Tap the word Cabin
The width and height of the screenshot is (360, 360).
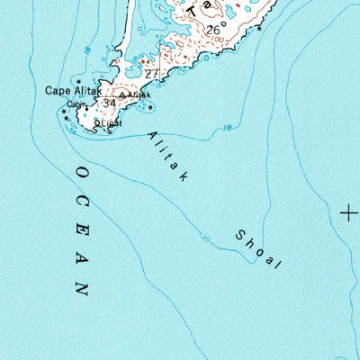[x=75, y=103]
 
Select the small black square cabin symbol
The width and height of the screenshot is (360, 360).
[x=87, y=108]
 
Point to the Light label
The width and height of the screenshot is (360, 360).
[x=110, y=121]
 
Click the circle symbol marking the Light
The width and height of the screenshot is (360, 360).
[x=96, y=122]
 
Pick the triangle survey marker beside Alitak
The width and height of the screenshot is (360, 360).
[x=122, y=94]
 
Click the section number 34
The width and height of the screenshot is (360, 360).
[x=109, y=103]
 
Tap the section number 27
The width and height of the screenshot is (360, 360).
[x=150, y=74]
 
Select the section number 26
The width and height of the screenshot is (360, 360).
[x=212, y=30]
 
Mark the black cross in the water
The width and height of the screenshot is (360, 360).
[x=348, y=213]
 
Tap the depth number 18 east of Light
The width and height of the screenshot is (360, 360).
[x=225, y=129]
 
